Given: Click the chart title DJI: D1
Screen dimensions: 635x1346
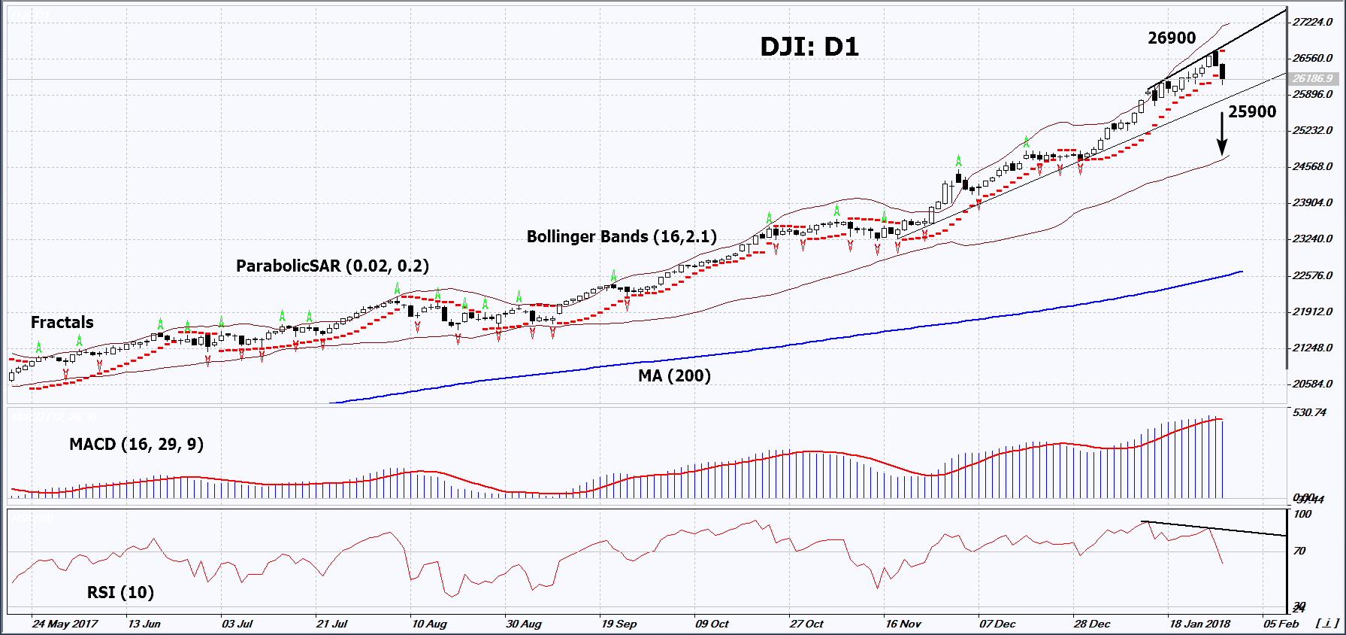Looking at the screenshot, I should (809, 47).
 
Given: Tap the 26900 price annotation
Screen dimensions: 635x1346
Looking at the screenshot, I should (1171, 38).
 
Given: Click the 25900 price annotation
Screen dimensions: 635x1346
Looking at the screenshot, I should (1252, 112).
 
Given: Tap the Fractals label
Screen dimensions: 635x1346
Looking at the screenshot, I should (62, 323).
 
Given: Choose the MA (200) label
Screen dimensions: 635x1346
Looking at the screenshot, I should (674, 375).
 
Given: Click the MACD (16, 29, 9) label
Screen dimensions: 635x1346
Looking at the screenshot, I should (136, 445).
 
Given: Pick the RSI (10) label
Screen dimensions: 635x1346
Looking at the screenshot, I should (120, 593).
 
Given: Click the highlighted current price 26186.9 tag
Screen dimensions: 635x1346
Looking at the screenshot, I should (1312, 78).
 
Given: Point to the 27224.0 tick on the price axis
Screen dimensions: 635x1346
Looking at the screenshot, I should (1312, 23).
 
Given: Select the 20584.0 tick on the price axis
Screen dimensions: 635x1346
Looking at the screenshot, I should (1312, 384).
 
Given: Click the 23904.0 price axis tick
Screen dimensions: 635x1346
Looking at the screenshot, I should (1312, 203).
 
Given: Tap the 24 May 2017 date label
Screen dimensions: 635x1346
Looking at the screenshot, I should (65, 624).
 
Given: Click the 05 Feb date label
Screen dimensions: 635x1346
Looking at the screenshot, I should (1281, 624).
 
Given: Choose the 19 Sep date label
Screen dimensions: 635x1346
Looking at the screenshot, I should (619, 624).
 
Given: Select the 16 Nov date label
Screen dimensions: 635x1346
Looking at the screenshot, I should (903, 624).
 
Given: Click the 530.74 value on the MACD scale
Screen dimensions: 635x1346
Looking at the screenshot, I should (1309, 413).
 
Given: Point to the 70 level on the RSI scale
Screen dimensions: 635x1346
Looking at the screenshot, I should (1299, 551).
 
